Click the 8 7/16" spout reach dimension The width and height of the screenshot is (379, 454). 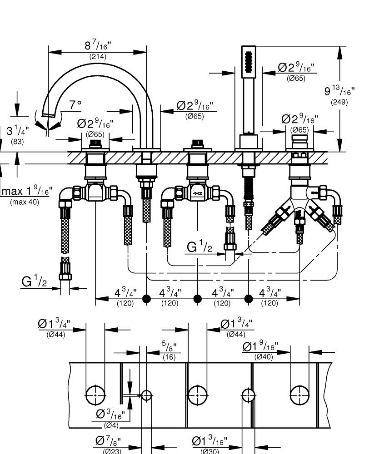(x=98, y=45)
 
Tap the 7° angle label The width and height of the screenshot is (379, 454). (x=75, y=104)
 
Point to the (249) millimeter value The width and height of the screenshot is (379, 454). (x=339, y=102)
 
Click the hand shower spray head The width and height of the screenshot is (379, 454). (x=249, y=61)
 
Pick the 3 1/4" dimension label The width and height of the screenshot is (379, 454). (x=18, y=131)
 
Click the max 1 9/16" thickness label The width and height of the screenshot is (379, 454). (x=27, y=191)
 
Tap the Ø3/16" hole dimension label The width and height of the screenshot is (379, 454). (x=110, y=415)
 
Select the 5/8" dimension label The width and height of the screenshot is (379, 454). (x=169, y=346)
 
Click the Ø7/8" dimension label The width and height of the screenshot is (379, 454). (x=108, y=441)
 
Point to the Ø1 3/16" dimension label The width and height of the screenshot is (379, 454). (x=209, y=441)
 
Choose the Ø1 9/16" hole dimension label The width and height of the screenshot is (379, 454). (x=260, y=346)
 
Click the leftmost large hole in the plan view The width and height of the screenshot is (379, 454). (x=95, y=395)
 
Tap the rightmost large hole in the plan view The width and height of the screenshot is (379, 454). (x=299, y=395)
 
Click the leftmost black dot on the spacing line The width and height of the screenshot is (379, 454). (x=147, y=299)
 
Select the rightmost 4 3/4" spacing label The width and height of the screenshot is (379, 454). (x=270, y=293)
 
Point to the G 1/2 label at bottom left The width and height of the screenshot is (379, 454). (x=34, y=281)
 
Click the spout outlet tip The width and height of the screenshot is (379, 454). (x=48, y=115)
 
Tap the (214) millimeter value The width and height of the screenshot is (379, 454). (x=98, y=56)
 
